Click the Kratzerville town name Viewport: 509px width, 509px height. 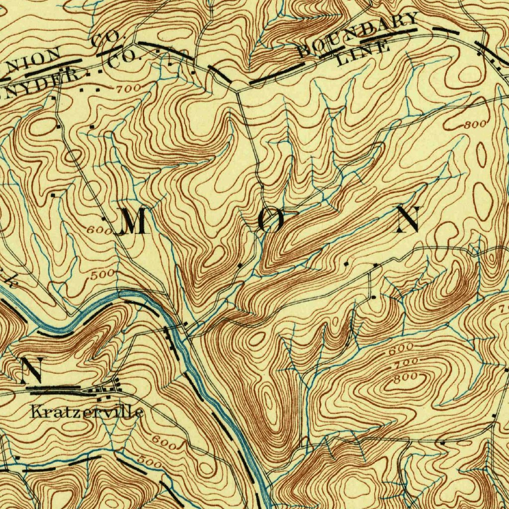coord(87,412)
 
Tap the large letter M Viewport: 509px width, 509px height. coord(130,222)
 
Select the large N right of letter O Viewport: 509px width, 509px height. coord(409,220)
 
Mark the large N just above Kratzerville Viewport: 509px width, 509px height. coord(31,369)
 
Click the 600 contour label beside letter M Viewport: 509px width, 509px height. coord(98,230)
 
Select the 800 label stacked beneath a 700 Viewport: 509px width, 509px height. coord(405,378)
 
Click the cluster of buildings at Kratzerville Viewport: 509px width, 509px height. coord(107,387)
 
